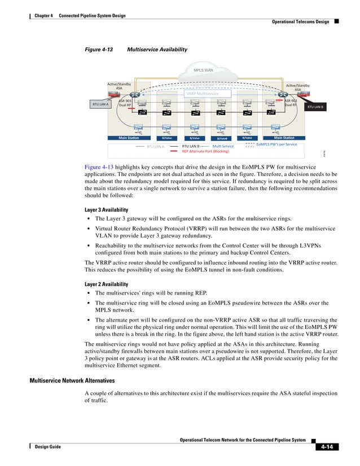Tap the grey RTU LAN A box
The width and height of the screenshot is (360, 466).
(x=100, y=104)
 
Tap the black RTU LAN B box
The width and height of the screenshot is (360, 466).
(x=315, y=106)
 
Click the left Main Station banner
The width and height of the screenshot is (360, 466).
(x=129, y=138)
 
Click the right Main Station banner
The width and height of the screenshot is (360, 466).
(x=284, y=138)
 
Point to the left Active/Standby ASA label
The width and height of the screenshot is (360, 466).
(x=119, y=86)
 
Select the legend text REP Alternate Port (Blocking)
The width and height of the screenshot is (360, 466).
(x=205, y=151)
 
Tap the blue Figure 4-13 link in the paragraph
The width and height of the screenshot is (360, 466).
(x=99, y=168)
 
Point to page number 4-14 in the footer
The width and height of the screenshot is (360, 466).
(x=324, y=447)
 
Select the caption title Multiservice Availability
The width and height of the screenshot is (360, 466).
(x=157, y=50)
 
